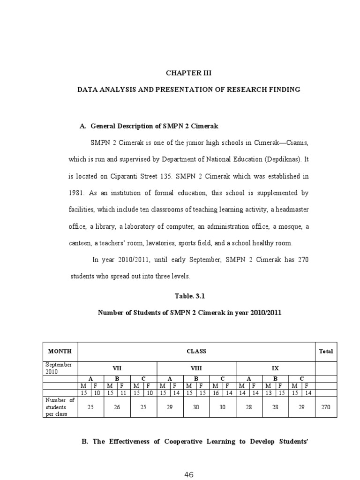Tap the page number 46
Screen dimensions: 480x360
[x=189, y=474]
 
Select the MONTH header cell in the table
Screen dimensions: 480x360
[x=60, y=351]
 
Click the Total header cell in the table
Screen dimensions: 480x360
[x=326, y=351]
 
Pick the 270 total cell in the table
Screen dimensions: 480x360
[x=326, y=407]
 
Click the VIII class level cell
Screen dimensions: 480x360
[x=196, y=368]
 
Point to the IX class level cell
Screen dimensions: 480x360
[x=275, y=368]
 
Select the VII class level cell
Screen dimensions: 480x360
[x=117, y=368]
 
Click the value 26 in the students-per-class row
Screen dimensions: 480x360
[x=117, y=407]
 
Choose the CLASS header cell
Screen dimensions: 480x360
[x=196, y=351]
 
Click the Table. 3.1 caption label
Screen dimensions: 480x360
[x=189, y=296]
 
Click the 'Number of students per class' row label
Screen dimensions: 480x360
[x=60, y=407]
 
